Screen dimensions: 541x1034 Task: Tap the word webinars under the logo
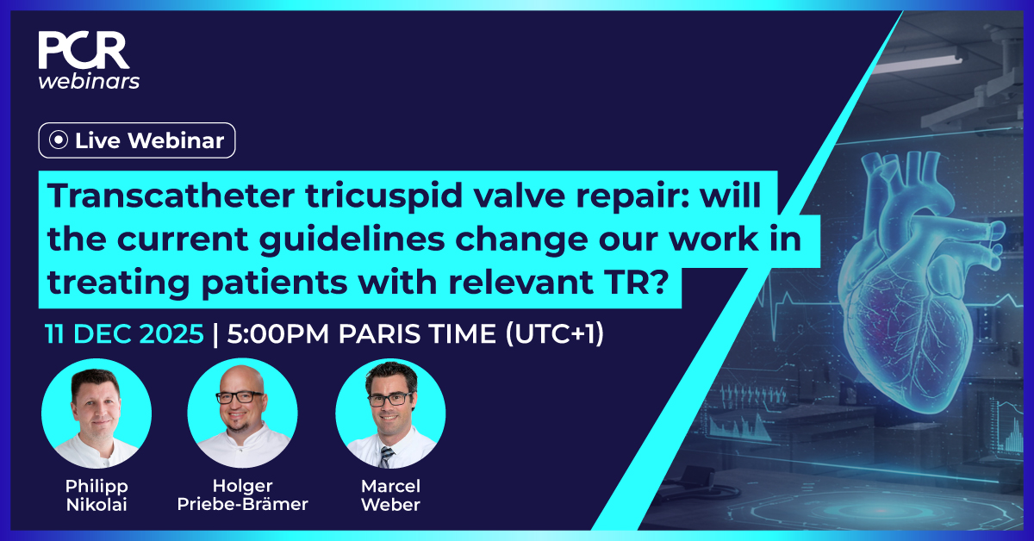[89, 81]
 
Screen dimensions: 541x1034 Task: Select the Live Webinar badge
[136, 140]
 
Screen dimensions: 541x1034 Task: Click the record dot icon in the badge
[59, 140]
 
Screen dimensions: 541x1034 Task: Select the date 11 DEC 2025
[125, 334]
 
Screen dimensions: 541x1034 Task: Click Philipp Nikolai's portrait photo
[96, 413]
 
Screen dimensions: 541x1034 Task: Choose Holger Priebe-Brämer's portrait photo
[242, 413]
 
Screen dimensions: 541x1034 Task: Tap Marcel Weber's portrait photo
[389, 413]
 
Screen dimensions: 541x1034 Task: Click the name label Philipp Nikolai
[96, 495]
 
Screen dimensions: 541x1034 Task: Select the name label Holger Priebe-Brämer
[242, 495]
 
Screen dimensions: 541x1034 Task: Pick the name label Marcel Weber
[389, 495]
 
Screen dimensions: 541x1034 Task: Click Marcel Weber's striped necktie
[387, 456]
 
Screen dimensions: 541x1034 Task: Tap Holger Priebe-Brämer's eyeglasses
[240, 398]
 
